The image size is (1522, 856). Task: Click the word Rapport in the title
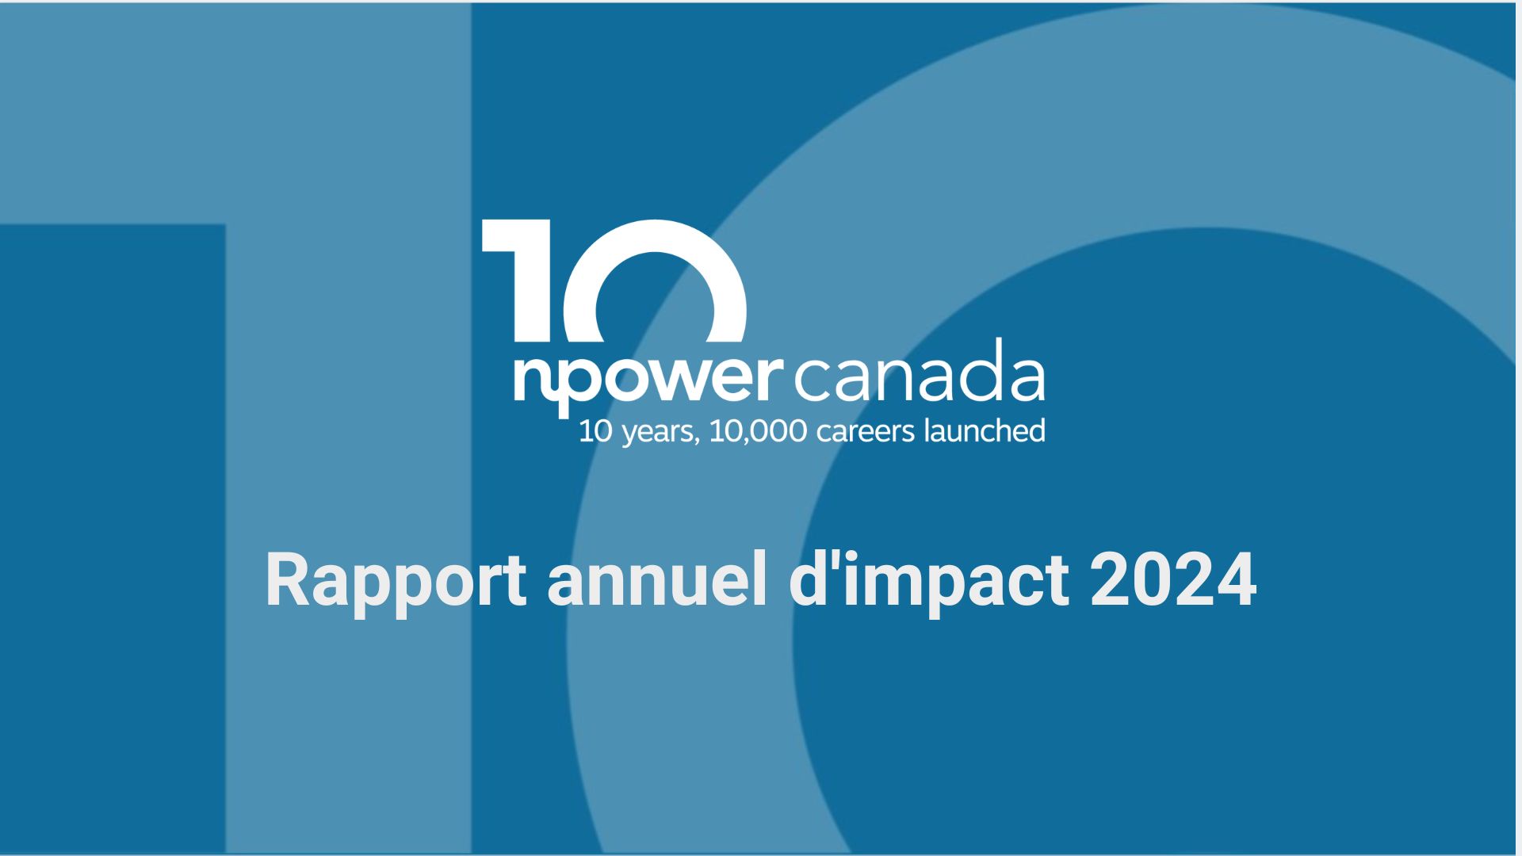396,583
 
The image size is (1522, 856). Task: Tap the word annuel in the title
657,580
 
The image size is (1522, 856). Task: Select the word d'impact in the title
929,583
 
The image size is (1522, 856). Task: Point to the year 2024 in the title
1173,580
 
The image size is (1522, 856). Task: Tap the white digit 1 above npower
517,281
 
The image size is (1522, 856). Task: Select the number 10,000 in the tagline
758,432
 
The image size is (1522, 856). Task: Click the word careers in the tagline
866,433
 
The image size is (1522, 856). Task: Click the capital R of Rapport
288,580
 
